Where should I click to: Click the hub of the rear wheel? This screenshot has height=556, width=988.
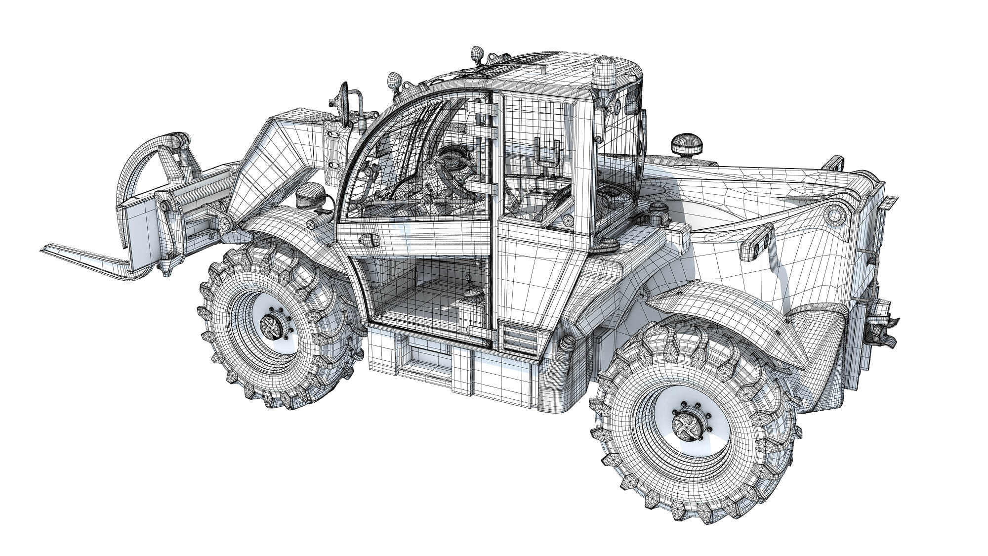(x=687, y=426)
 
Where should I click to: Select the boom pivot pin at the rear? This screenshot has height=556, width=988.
(x=834, y=215)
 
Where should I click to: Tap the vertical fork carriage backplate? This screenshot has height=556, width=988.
(x=138, y=222)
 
